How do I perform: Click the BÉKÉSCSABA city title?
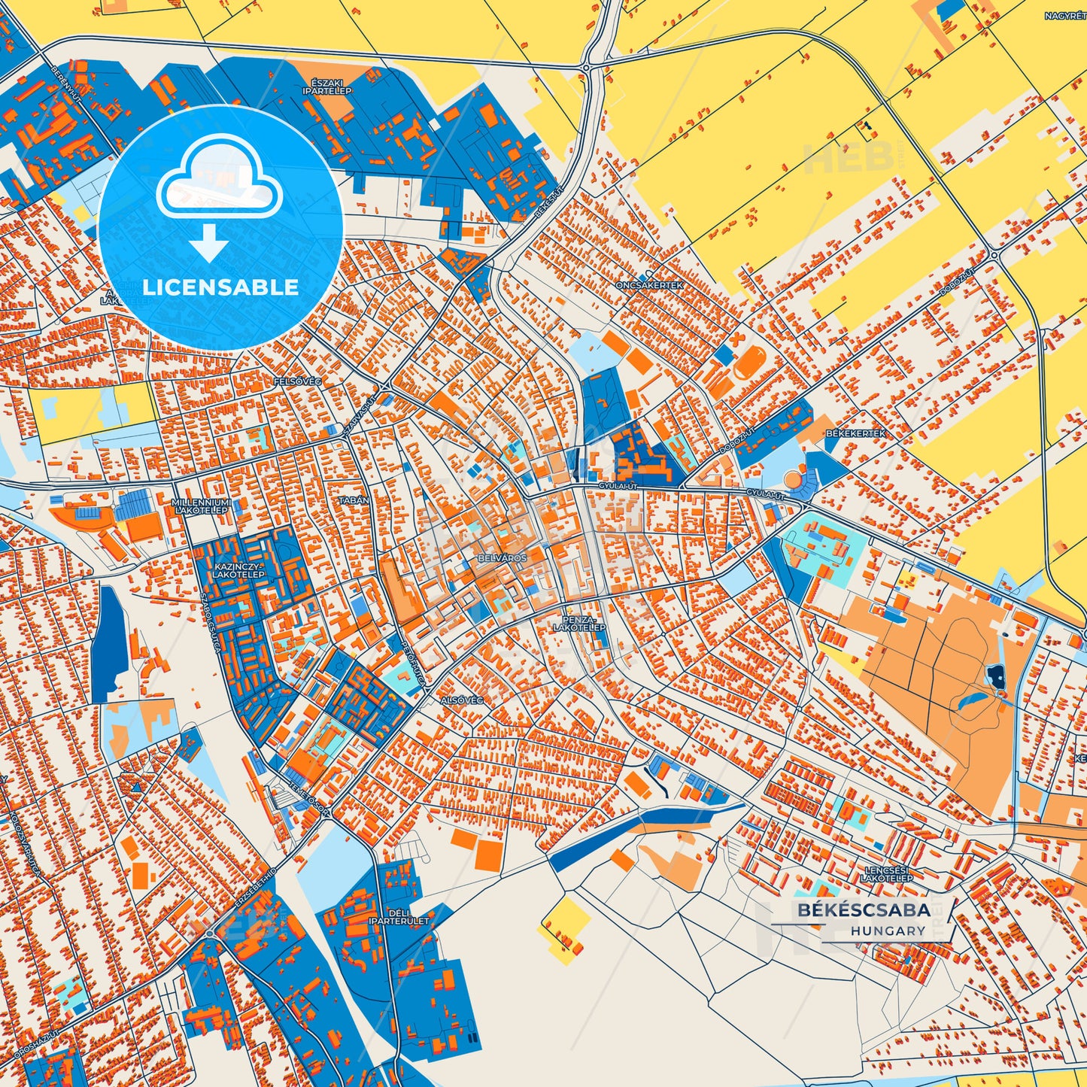[864, 909]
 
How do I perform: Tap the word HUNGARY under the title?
[888, 931]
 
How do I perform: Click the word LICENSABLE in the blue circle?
[221, 287]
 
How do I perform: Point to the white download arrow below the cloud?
[209, 243]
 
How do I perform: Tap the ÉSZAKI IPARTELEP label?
[322, 87]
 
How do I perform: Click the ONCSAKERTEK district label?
[639, 286]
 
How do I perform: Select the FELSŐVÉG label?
[297, 382]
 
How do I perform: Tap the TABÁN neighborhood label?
[354, 500]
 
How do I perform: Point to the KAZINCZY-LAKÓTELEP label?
[238, 569]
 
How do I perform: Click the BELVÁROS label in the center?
[503, 559]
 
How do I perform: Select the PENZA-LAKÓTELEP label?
[579, 623]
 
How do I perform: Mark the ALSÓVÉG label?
[461, 700]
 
